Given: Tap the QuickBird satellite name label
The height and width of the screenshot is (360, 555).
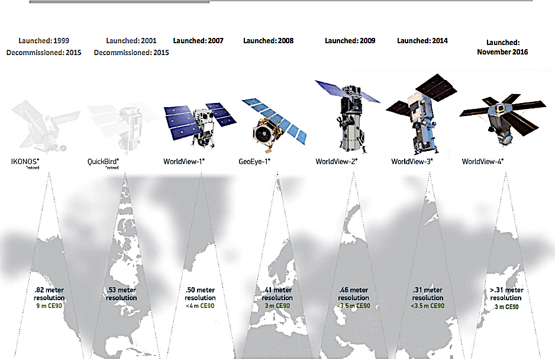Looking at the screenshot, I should (x=103, y=161).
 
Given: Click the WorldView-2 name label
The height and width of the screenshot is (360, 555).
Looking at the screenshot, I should (x=336, y=161).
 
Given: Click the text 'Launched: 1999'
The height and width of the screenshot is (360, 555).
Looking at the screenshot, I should (x=44, y=41).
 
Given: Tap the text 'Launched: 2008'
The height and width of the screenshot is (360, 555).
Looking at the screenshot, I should (x=268, y=41).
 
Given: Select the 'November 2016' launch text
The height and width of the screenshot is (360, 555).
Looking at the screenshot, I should (x=502, y=52).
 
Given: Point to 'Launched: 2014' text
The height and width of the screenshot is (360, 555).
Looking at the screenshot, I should (x=422, y=41).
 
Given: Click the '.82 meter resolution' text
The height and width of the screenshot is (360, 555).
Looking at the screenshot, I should (x=49, y=294).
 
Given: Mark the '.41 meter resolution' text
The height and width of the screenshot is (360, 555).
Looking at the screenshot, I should (x=277, y=294).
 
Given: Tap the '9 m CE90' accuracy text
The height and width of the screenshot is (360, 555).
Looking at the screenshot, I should (x=49, y=306).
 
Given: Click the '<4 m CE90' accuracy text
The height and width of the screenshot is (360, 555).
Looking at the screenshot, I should (x=200, y=306).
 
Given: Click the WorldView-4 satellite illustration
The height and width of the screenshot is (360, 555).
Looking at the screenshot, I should (x=494, y=118).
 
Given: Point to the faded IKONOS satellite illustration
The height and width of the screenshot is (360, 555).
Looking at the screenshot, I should (x=44, y=127).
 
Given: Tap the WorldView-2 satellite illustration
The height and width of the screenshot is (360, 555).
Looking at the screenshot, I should (x=348, y=115).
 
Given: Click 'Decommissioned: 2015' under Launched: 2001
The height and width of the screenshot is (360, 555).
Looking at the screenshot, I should (x=131, y=53).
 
